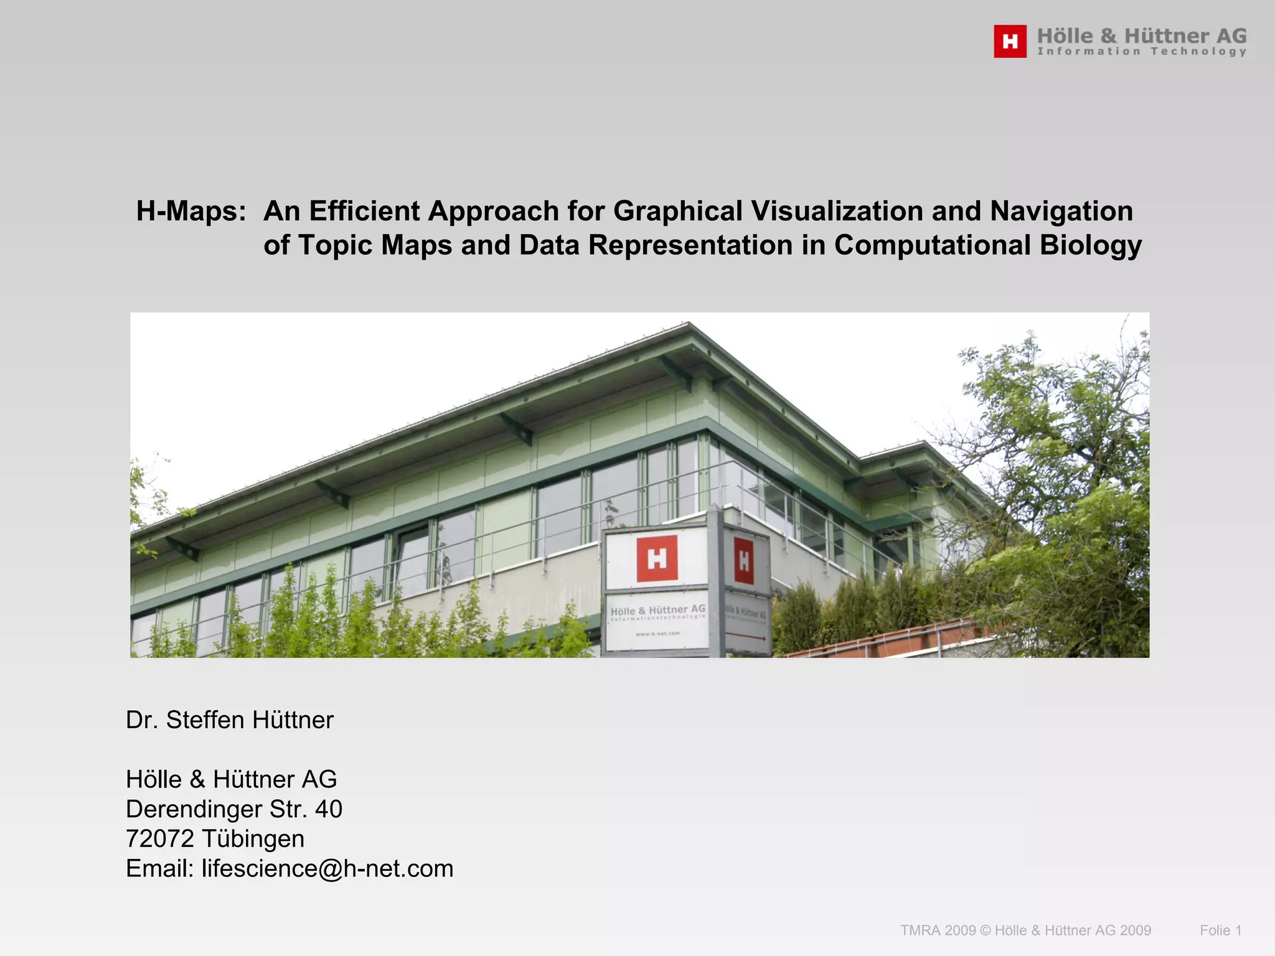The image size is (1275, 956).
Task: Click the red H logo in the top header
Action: tap(1010, 42)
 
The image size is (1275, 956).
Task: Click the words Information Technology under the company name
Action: tap(1142, 52)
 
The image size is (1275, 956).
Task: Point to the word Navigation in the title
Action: tap(1061, 211)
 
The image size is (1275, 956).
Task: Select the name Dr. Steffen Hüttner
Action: tap(230, 720)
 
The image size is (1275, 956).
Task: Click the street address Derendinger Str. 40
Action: tap(234, 809)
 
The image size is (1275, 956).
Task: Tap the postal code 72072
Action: tap(160, 839)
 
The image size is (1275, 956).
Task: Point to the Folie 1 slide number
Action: tap(1221, 930)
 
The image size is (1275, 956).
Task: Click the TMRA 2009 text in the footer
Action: tap(938, 930)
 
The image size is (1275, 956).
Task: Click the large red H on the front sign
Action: tap(657, 559)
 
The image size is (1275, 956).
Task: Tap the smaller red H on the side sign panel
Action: tap(744, 561)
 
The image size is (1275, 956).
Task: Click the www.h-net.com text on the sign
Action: tap(657, 634)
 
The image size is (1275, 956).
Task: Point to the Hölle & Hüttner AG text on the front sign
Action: tap(658, 609)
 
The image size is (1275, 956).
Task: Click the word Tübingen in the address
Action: tap(253, 839)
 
